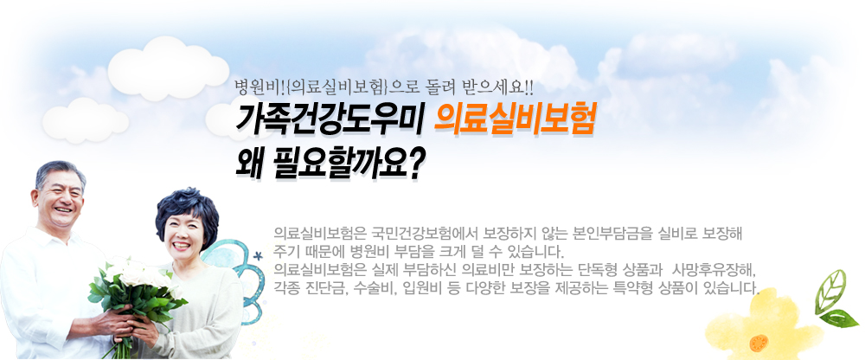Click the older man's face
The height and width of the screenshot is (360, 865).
[59, 197]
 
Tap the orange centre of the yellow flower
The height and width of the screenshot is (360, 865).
[759, 343]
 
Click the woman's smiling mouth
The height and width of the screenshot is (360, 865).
[181, 245]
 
